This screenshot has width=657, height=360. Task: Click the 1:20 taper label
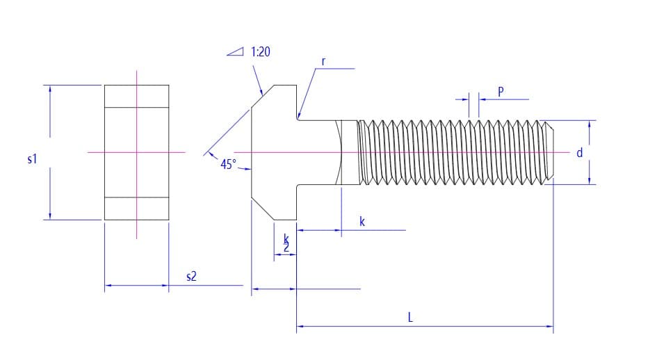coord(260,52)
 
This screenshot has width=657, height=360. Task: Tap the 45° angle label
coord(228,164)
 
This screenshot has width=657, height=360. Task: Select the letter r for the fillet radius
coord(324,61)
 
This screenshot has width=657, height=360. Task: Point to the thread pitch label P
coord(501,91)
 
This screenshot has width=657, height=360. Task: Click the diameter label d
coord(579,152)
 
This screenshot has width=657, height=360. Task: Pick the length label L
coord(410,317)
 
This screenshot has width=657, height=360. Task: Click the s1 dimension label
coord(31,159)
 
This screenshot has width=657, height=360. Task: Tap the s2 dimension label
coord(191,277)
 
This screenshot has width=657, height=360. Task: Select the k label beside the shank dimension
coord(362,222)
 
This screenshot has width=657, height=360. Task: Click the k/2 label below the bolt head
coord(286,243)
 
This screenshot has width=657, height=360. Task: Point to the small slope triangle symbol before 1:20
coord(236,51)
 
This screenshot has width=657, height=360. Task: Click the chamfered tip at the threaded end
coord(549,152)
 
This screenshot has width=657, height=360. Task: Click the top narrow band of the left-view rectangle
coord(136,96)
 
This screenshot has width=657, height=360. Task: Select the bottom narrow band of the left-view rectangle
coord(136,208)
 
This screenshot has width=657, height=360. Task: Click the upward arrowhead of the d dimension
coord(590,125)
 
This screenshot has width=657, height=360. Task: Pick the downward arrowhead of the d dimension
coord(590,180)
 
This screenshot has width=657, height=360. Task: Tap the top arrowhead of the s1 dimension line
coord(49,90)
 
